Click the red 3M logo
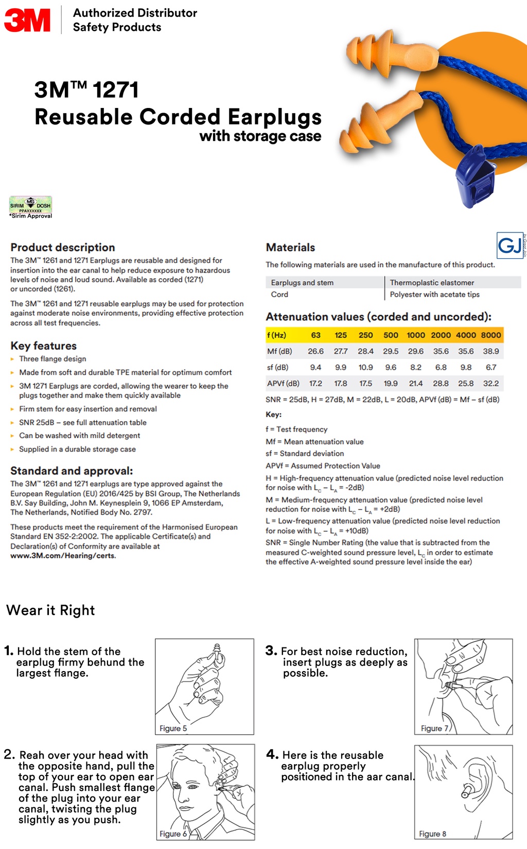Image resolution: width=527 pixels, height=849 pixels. click(x=27, y=20)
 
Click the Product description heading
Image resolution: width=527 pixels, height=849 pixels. click(x=62, y=247)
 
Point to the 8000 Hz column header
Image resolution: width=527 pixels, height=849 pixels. click(x=490, y=335)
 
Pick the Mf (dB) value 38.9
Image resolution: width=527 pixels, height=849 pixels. click(x=490, y=351)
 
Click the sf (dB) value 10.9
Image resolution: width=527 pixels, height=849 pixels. click(x=365, y=367)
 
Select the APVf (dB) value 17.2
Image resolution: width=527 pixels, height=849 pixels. click(x=315, y=383)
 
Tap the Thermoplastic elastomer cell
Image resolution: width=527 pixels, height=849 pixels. click(x=432, y=282)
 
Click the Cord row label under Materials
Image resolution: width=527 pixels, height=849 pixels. click(x=279, y=294)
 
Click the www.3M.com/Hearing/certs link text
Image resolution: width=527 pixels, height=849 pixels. click(x=63, y=555)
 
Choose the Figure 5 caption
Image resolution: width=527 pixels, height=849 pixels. click(x=173, y=728)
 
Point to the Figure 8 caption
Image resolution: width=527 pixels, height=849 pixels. click(x=432, y=834)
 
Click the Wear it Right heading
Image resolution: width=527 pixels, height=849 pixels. click(x=50, y=610)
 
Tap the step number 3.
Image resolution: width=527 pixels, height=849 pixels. click(x=271, y=651)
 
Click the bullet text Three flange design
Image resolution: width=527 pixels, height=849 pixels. click(x=52, y=359)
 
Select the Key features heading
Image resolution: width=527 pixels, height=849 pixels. click(x=43, y=346)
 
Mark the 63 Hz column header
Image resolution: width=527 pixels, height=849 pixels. click(x=315, y=335)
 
